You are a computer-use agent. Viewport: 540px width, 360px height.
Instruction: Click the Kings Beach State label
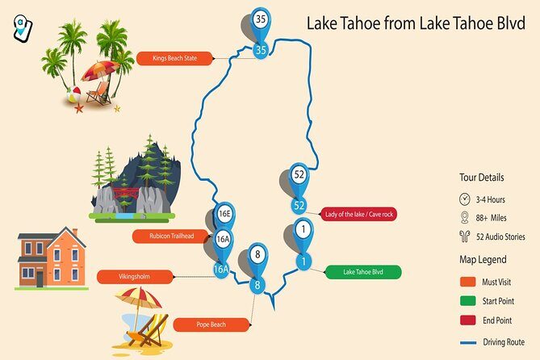click(x=174, y=58)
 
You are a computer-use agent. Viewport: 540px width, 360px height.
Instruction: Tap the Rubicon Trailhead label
click(x=172, y=237)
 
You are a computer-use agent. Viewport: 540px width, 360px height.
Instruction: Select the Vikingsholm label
click(x=135, y=277)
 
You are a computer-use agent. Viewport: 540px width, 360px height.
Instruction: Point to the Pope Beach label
click(x=211, y=324)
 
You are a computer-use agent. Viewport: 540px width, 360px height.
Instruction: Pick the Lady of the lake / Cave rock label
click(x=359, y=214)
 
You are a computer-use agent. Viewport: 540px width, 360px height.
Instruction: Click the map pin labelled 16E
click(x=225, y=215)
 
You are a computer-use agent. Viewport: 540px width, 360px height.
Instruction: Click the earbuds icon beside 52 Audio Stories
click(x=465, y=237)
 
